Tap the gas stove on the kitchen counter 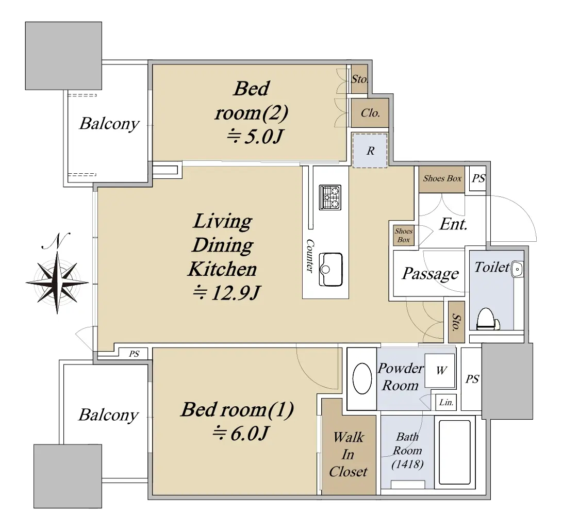(330, 197)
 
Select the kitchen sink (330, 269)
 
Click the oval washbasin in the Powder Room (362, 378)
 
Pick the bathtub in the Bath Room (454, 452)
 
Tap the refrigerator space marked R (370, 151)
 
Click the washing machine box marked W (440, 371)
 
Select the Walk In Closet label (349, 454)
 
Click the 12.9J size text (226, 293)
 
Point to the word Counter (309, 256)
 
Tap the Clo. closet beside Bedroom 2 (370, 113)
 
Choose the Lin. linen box (446, 403)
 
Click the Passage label (430, 273)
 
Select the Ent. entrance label (453, 224)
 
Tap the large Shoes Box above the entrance (442, 179)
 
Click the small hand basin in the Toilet (518, 269)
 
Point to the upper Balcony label (109, 124)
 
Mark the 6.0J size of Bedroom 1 (240, 434)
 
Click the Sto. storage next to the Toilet (456, 322)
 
